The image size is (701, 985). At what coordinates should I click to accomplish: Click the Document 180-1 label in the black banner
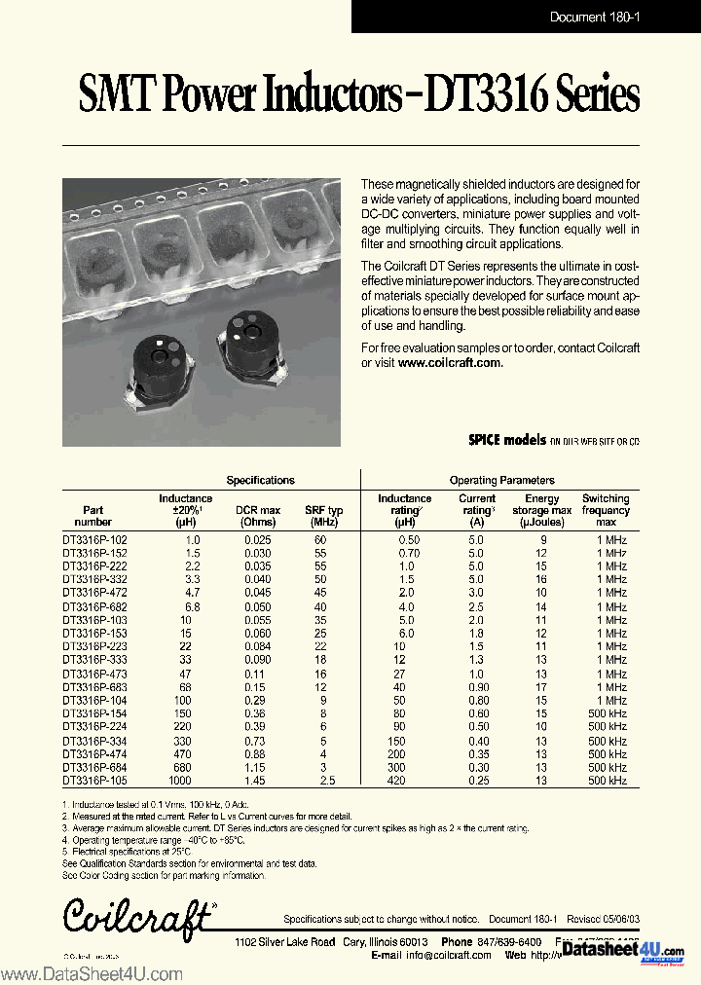click(592, 17)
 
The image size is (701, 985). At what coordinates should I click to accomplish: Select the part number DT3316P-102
click(94, 539)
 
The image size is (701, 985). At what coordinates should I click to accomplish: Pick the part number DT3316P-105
click(94, 781)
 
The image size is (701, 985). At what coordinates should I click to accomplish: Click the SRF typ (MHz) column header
click(323, 516)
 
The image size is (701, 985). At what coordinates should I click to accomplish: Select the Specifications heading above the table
click(260, 480)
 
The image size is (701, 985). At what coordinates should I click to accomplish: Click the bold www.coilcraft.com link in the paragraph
click(449, 362)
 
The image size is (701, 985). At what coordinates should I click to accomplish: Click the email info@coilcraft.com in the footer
click(449, 955)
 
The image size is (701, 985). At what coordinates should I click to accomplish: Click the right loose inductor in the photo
click(249, 347)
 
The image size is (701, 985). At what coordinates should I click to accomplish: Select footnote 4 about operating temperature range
click(153, 839)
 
